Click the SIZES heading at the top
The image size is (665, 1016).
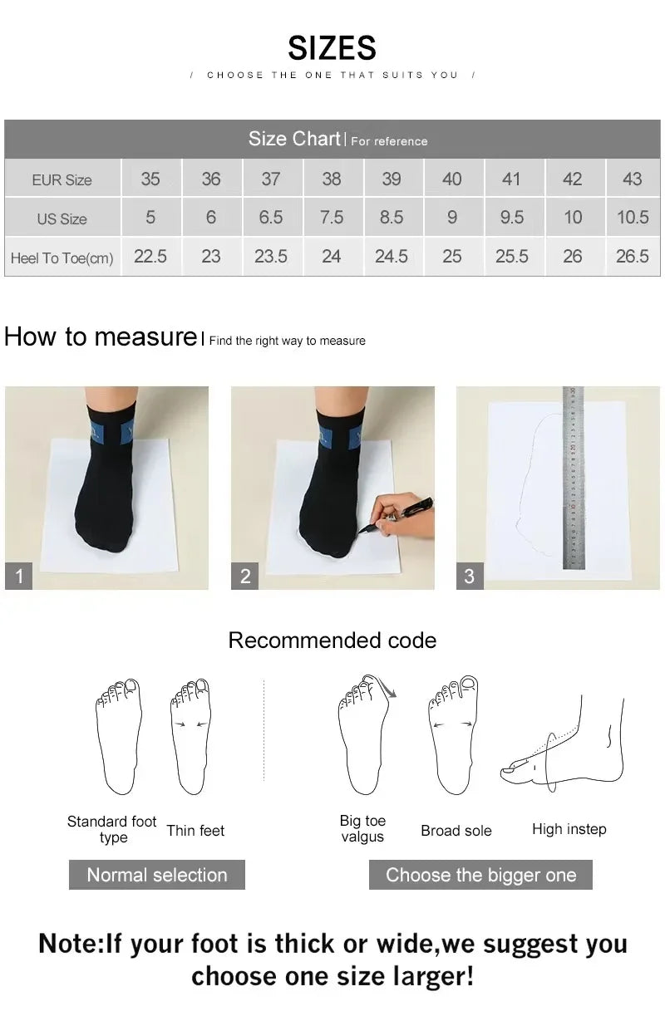click(x=332, y=48)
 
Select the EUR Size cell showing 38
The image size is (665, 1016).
click(x=331, y=179)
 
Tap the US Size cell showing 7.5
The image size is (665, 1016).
click(x=331, y=218)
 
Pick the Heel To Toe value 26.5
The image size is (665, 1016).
click(x=632, y=257)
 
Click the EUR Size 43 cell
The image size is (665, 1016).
click(x=632, y=179)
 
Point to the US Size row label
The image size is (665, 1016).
click(x=62, y=219)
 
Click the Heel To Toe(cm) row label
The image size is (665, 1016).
click(x=62, y=258)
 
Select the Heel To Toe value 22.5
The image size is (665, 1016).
click(x=150, y=257)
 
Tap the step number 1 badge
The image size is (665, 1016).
click(x=19, y=576)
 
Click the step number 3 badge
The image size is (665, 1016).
click(x=470, y=576)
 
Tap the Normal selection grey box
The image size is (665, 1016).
click(x=156, y=875)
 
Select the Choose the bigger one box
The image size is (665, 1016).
click(x=480, y=875)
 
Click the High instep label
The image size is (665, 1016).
click(x=569, y=829)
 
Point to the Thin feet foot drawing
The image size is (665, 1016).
click(x=191, y=735)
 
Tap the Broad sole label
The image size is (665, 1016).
click(x=456, y=831)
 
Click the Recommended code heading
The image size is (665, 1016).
click(x=332, y=641)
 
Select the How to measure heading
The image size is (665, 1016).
click(x=100, y=337)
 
